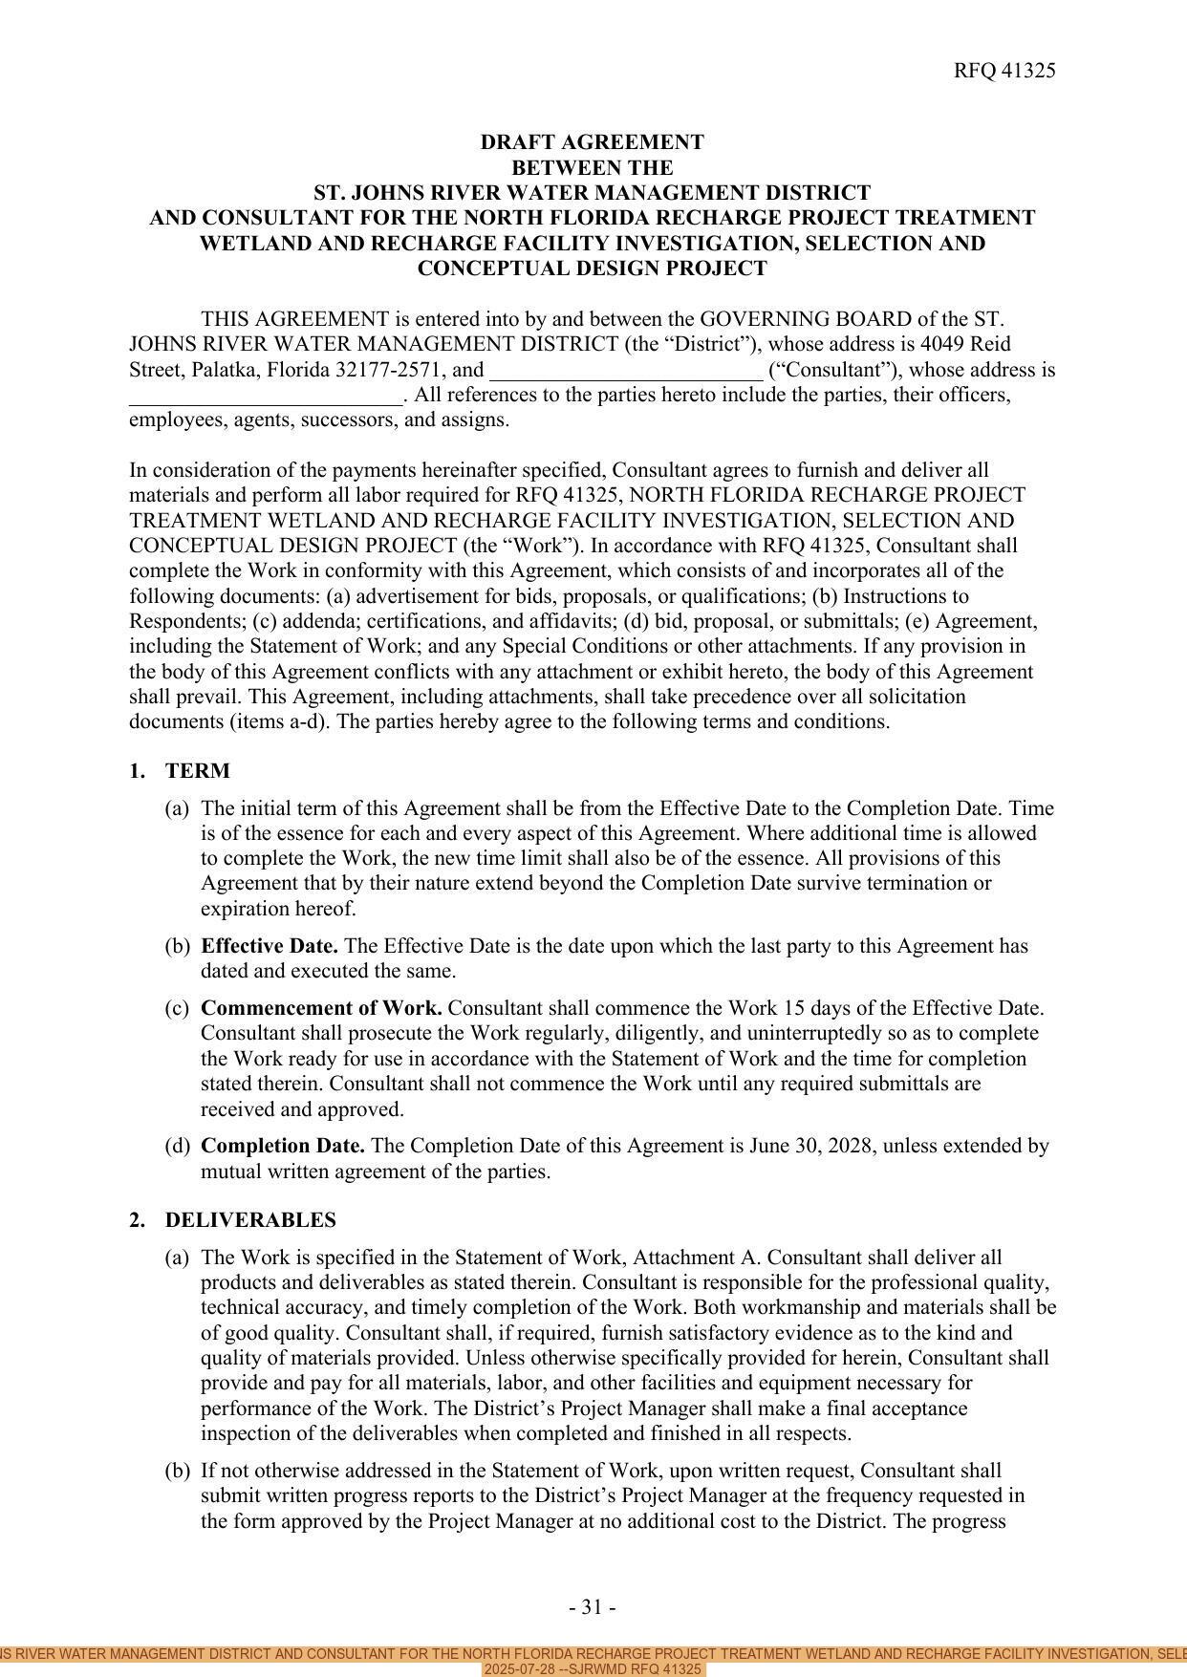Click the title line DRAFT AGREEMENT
[592, 142]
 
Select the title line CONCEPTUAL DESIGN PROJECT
[592, 269]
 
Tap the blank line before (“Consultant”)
[626, 371]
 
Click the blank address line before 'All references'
[266, 396]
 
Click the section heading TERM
[197, 771]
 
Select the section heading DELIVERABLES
[250, 1220]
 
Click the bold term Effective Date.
[269, 946]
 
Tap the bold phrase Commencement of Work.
[321, 1008]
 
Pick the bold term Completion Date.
[283, 1146]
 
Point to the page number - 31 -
[592, 1607]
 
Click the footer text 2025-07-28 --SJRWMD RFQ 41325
[593, 1669]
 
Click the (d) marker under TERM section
[177, 1146]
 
